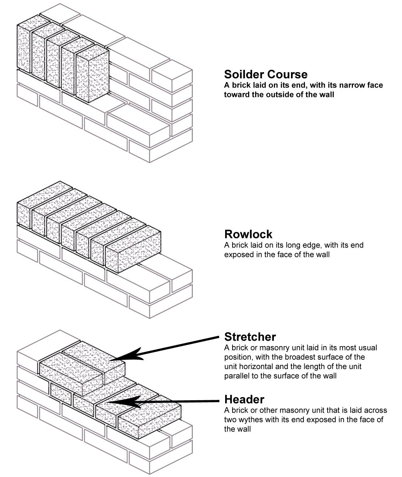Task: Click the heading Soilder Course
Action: pyautogui.click(x=266, y=74)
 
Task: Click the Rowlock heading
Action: pyautogui.click(x=248, y=234)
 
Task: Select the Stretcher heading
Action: pyautogui.click(x=250, y=337)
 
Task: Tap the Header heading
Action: pyautogui.click(x=244, y=399)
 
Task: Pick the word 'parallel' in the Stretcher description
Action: pyautogui.click(x=236, y=376)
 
